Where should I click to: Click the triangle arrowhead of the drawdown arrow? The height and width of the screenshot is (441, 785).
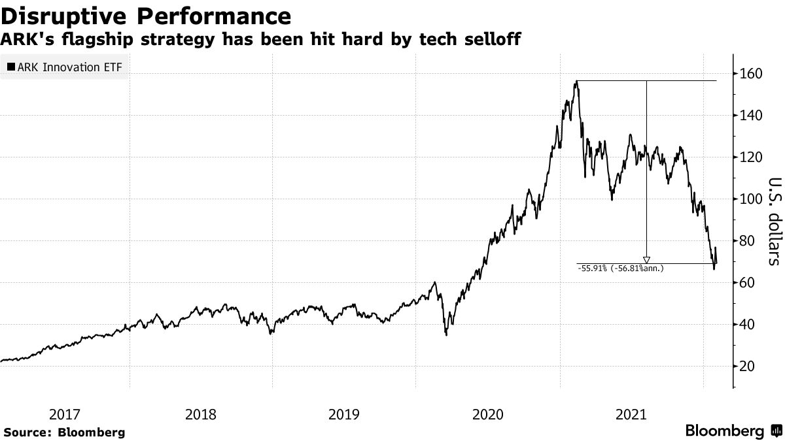click(646, 260)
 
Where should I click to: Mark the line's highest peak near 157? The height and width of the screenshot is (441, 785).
click(576, 82)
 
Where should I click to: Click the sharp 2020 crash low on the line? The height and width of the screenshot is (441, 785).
click(446, 335)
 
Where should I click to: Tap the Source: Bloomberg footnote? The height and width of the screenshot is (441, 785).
click(64, 432)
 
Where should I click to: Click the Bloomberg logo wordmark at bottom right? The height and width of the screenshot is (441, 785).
click(724, 431)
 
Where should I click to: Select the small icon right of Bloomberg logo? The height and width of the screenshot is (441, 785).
click(776, 431)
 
